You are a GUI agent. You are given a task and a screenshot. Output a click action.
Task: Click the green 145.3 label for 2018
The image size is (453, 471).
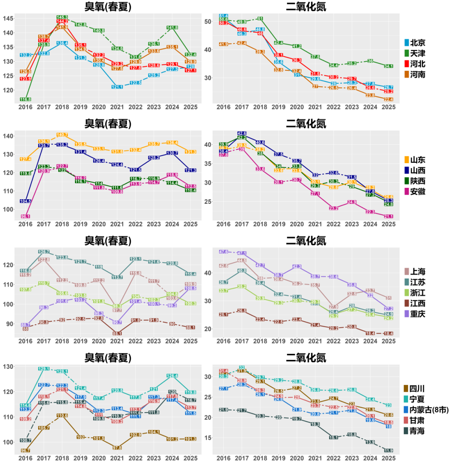coord(62,17)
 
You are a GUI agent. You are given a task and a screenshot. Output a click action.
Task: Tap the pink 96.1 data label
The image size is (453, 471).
coord(25,216)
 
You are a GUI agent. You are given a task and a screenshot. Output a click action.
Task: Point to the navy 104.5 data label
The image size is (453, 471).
coord(25,201)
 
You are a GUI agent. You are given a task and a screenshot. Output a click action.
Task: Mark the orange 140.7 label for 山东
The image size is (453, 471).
coord(62,135)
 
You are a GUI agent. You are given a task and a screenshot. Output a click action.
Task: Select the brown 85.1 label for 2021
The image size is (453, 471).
coord(117,333)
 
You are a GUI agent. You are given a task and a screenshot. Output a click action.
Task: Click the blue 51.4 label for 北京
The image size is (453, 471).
coord(224,16)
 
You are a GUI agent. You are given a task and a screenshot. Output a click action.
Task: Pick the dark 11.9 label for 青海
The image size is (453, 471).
coord(388,450)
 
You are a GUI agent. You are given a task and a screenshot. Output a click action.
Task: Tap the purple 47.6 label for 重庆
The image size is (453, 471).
coord(224,252)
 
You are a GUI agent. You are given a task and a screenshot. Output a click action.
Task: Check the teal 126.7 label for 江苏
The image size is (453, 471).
coord(44,252)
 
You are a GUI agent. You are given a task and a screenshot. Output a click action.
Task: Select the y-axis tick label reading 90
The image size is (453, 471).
coord(10,324)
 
